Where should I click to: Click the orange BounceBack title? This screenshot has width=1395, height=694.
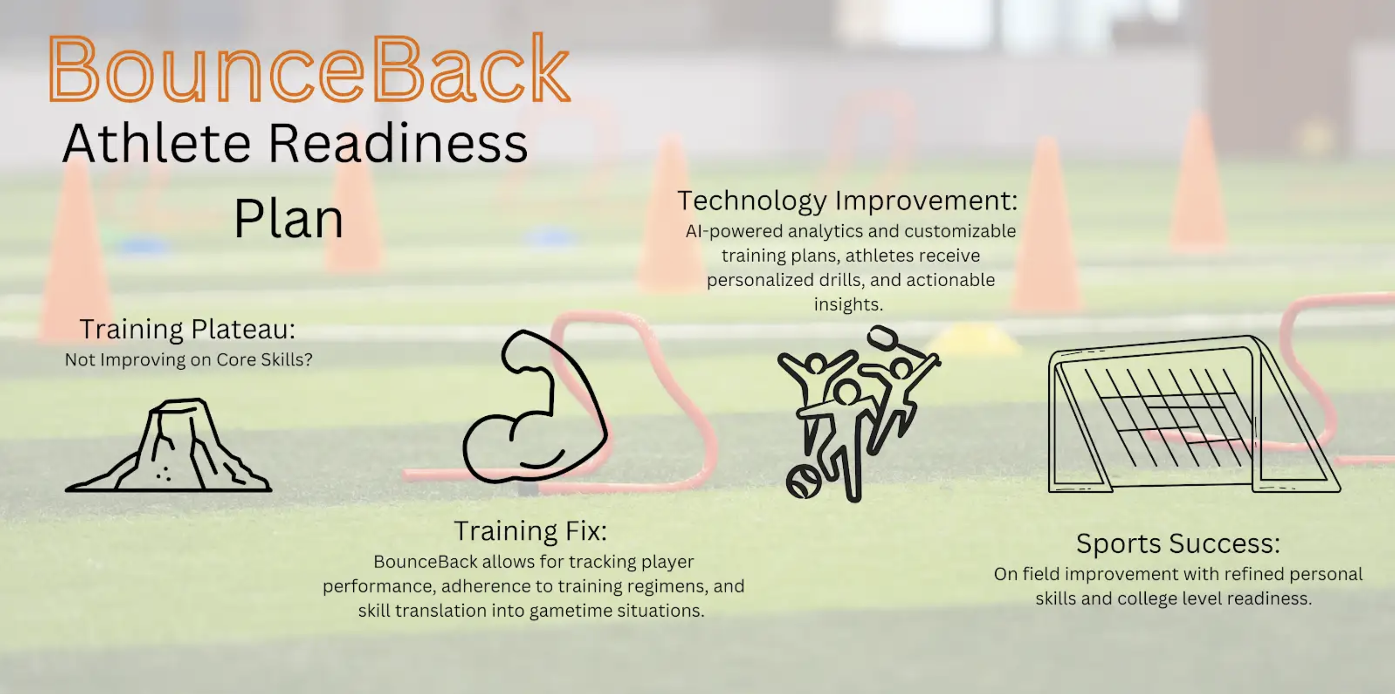pos(309,68)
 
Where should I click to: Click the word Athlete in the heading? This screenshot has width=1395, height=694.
pos(157,143)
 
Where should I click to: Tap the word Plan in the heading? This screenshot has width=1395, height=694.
pos(288,219)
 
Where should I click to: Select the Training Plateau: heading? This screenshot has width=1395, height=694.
pos(187,329)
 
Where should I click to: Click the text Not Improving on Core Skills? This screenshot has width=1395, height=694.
pos(188,360)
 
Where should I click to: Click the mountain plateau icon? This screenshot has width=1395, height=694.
pos(168,445)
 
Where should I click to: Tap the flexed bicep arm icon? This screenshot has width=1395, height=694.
pos(535,406)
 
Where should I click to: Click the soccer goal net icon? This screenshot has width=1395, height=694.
pos(1194,415)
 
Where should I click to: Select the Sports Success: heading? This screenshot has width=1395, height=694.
pos(1178,543)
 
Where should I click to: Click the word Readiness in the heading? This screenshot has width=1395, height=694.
pos(398,143)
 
